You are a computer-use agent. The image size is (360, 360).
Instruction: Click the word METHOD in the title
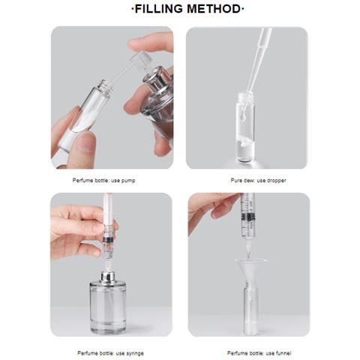pos(214,9)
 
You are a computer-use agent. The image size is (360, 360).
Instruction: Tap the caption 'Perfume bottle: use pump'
pos(103,180)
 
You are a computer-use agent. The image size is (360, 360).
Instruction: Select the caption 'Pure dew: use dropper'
pos(258,180)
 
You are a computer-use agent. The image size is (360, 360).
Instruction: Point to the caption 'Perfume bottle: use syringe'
pos(110,353)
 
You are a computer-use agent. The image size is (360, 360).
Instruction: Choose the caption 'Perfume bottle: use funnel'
pos(259,353)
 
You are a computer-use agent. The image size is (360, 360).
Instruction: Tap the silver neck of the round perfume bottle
pos(108,277)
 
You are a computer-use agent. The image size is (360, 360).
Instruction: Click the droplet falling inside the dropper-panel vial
pos(241,116)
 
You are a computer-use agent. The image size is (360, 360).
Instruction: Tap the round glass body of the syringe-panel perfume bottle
pos(108,308)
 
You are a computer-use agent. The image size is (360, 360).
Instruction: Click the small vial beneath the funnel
pos(250,310)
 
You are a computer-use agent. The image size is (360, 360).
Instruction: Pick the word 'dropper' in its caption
pos(277,180)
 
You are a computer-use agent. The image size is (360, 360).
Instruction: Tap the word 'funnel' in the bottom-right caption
pos(283,353)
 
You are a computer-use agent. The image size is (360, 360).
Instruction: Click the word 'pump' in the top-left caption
pos(128,181)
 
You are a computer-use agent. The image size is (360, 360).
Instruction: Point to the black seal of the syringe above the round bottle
pos(108,239)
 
